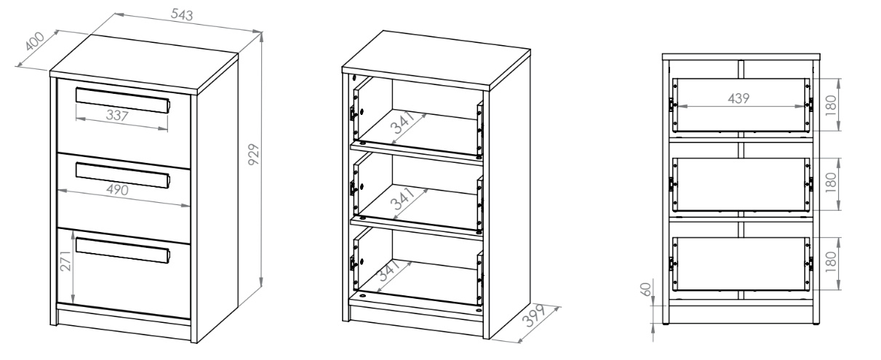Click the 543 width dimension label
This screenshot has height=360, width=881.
[x=182, y=15]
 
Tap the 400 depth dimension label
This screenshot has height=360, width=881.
[x=35, y=41]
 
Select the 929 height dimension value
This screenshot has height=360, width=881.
[x=254, y=154]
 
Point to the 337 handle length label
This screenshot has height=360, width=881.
[x=117, y=116]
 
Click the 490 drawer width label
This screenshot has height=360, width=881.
[x=118, y=190]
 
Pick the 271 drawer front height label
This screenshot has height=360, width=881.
[x=66, y=261]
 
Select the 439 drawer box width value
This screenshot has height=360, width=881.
[x=738, y=98]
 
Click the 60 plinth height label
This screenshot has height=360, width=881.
[x=647, y=289]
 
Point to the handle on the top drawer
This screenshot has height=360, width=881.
[x=123, y=100]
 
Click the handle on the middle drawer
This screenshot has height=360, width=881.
[x=123, y=175]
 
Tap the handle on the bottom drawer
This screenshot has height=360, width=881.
[x=123, y=250]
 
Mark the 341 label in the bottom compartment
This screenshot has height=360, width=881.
[x=389, y=271]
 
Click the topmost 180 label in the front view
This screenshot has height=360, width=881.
[x=830, y=105]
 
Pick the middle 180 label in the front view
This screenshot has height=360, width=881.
[x=830, y=183]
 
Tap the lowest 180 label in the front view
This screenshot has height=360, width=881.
[x=830, y=262]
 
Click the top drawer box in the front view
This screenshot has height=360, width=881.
[x=741, y=105]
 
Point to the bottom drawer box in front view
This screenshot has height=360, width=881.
[x=741, y=264]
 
